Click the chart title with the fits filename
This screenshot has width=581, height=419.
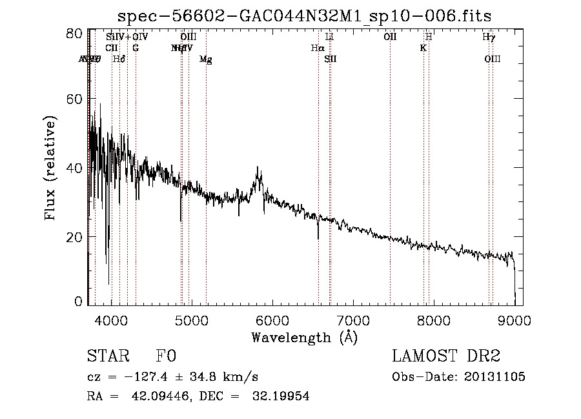[309, 15]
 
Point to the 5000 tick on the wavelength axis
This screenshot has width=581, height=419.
[192, 319]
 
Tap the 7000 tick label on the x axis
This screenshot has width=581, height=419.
[353, 319]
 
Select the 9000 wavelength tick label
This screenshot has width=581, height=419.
[514, 319]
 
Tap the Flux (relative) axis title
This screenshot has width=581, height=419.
[50, 168]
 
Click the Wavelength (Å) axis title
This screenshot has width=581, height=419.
[303, 337]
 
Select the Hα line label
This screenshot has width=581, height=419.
[317, 48]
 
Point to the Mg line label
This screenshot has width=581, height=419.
[205, 59]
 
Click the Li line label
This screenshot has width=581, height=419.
[329, 37]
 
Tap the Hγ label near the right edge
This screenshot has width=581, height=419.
[489, 37]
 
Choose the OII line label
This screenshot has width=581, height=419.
[390, 37]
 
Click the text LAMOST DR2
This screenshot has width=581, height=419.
[446, 356]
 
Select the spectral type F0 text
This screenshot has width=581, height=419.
[167, 356]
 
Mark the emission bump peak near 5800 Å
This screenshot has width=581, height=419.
[260, 169]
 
